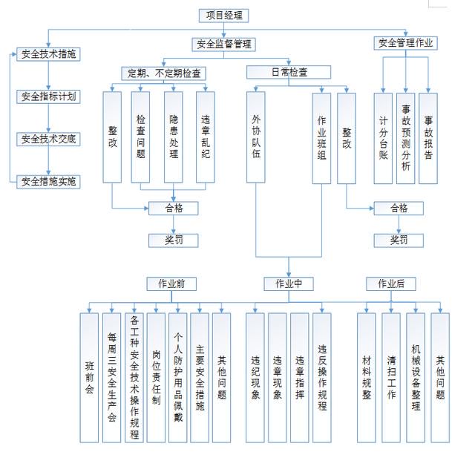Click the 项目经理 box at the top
(x=223, y=16)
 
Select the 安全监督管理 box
(x=223, y=45)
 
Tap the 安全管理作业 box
(x=406, y=43)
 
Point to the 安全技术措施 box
(x=48, y=54)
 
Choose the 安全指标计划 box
(x=48, y=97)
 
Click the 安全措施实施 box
(x=48, y=182)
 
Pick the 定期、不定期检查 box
(x=163, y=73)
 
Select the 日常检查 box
(x=289, y=73)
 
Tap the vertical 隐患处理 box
(x=173, y=137)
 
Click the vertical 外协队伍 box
(x=255, y=137)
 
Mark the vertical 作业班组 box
(x=321, y=138)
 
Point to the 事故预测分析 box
(x=406, y=138)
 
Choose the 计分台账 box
(x=383, y=138)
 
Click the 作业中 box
(x=289, y=284)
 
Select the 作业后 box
(x=391, y=284)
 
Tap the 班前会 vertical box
(x=89, y=378)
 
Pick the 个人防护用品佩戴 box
(x=178, y=378)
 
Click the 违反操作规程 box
(x=322, y=378)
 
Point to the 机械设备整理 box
(x=416, y=378)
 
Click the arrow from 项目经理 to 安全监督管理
(x=224, y=30)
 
